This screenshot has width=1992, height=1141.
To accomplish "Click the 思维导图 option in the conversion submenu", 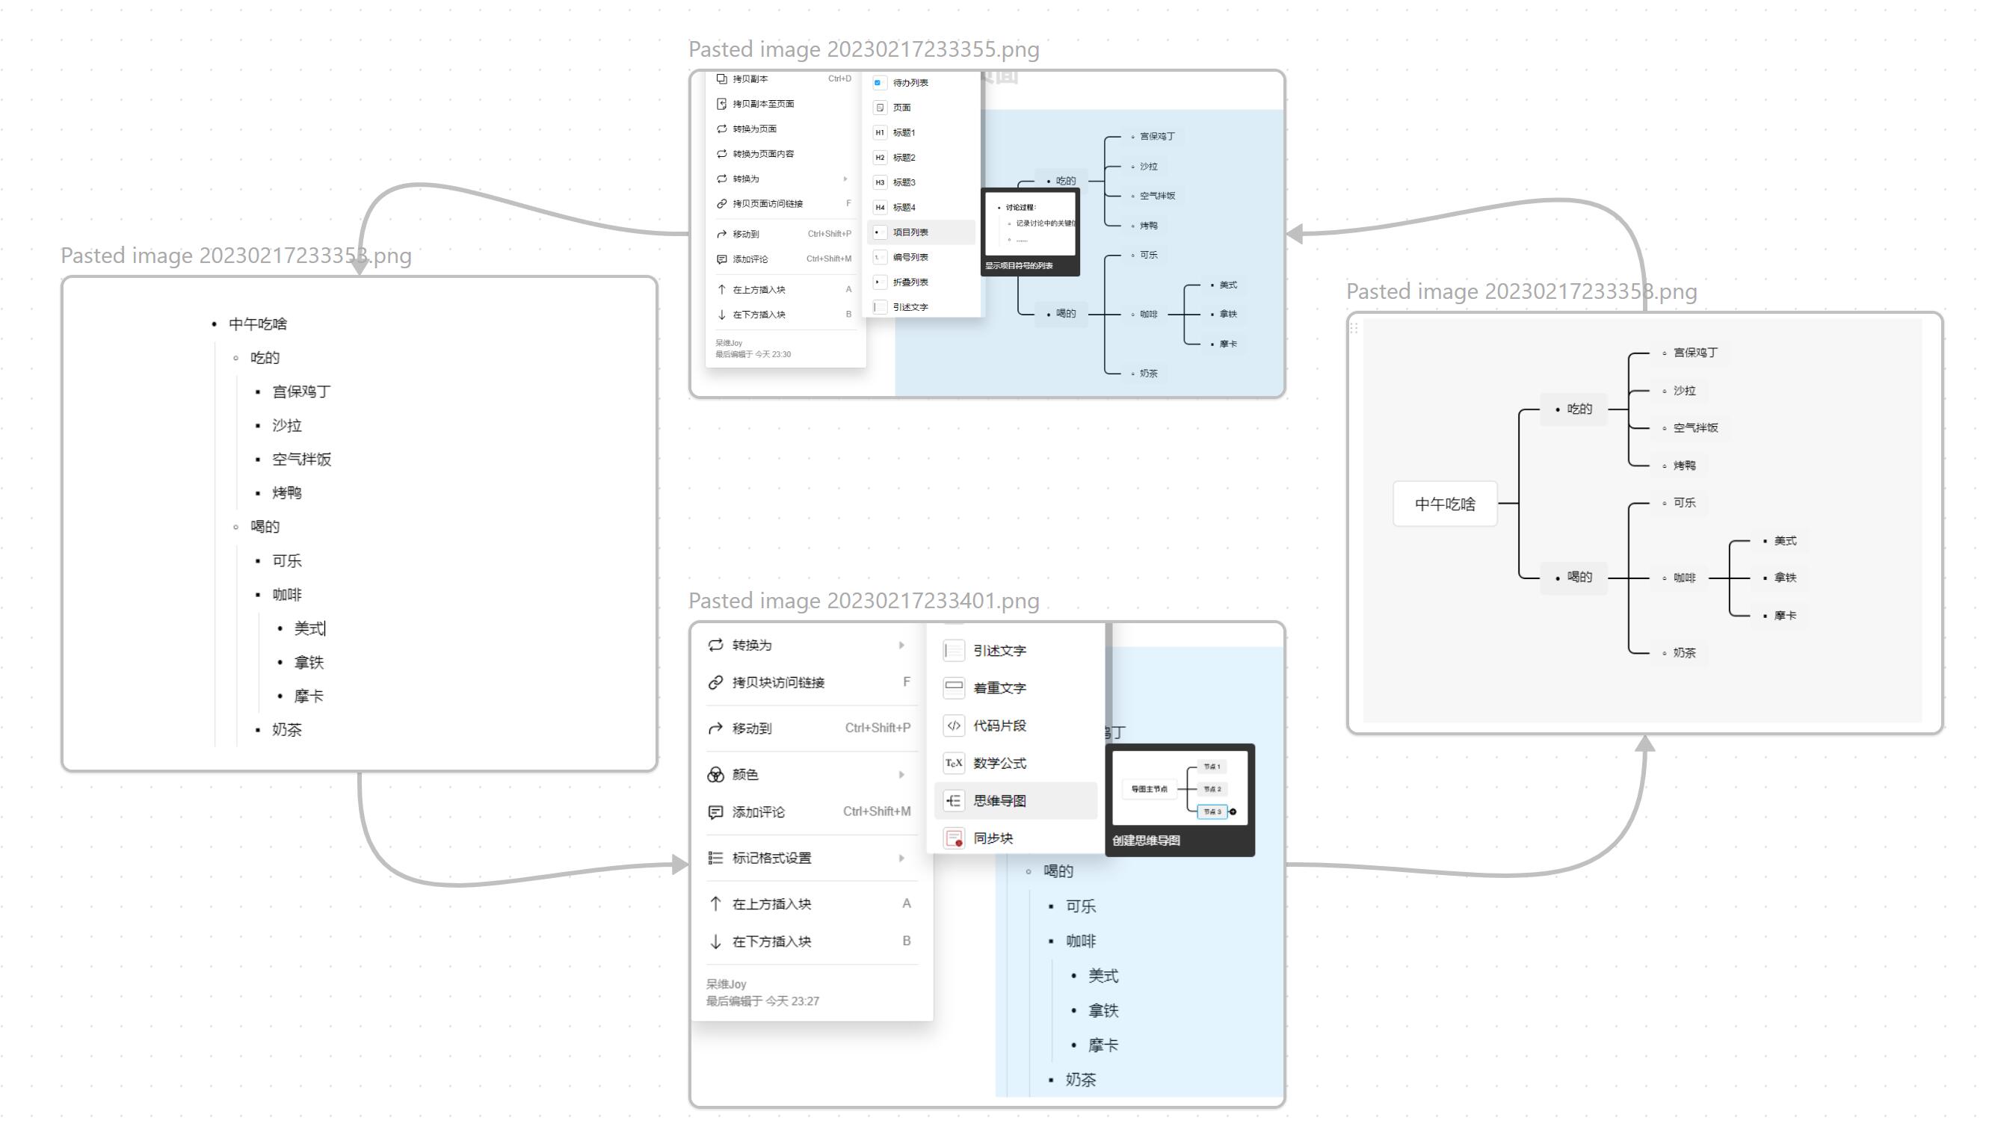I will [999, 800].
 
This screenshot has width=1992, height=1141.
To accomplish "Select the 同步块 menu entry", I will [993, 838].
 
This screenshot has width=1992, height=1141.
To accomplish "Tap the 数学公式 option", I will [999, 762].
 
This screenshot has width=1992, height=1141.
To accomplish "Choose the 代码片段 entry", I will [999, 726].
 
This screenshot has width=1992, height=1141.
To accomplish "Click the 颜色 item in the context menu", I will [744, 774].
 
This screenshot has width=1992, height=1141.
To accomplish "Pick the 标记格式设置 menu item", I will [771, 858].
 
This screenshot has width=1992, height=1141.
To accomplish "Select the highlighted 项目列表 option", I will [910, 232].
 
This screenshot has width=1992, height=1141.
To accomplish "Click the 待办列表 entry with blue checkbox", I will [910, 82].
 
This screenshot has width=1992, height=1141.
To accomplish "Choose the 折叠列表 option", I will [910, 282].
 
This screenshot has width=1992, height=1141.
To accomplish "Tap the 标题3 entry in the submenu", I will [904, 182].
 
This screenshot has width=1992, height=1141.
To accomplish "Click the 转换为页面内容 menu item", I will [762, 154].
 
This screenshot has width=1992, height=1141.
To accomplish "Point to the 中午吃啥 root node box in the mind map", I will [1445, 504].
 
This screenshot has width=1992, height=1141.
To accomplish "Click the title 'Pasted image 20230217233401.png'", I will [863, 601].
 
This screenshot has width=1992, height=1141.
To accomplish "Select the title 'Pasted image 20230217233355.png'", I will [863, 49].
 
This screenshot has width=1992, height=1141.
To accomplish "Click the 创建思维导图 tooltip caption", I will [1146, 841].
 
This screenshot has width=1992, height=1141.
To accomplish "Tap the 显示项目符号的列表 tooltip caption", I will [1019, 267].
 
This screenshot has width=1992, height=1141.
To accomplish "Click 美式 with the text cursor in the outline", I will [309, 628].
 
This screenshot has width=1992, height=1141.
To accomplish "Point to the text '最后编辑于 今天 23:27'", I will [762, 1001].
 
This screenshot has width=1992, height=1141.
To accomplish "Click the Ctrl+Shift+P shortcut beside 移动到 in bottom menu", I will [878, 728].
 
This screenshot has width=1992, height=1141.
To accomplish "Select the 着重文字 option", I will [999, 688].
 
